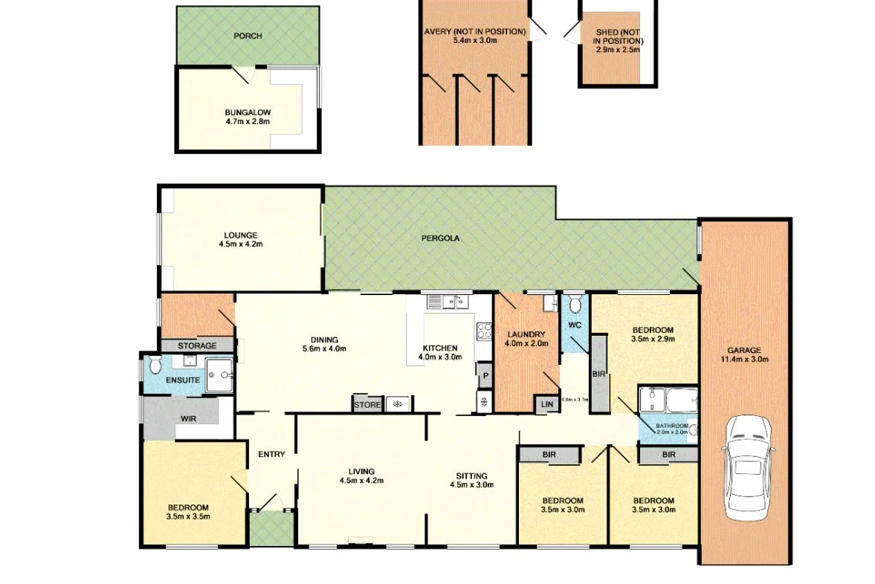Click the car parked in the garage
point(747,467)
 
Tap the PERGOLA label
point(440,239)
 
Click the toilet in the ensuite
point(155,365)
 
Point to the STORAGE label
point(197,345)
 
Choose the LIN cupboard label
point(547,405)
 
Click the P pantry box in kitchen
point(484,375)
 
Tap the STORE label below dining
point(367,405)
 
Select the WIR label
point(188,418)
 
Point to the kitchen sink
point(445,302)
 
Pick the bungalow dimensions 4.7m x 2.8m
point(248,120)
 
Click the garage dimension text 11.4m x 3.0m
point(744,360)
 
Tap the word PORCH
point(248,36)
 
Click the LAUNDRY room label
point(526,334)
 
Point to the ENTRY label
point(271,454)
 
